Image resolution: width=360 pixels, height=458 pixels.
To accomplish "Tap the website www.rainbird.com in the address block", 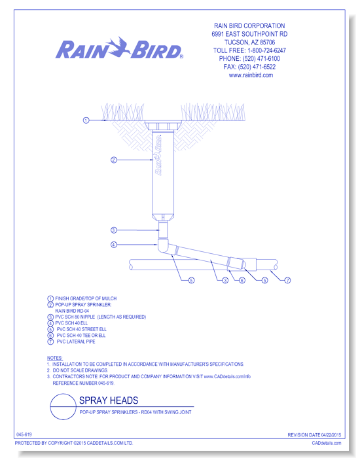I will click(x=251, y=75).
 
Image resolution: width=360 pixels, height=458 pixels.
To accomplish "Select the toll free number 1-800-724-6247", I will click(x=251, y=50).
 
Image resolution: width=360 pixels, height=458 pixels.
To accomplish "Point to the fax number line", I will click(x=251, y=67).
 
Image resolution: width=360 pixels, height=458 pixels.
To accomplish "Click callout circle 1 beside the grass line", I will click(x=86, y=120).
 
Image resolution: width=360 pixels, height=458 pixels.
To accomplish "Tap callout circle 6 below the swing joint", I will click(x=242, y=280).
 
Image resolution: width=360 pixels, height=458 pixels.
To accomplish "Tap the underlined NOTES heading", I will click(x=54, y=358).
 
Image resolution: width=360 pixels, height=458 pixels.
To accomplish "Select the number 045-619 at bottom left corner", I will click(x=25, y=435).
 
